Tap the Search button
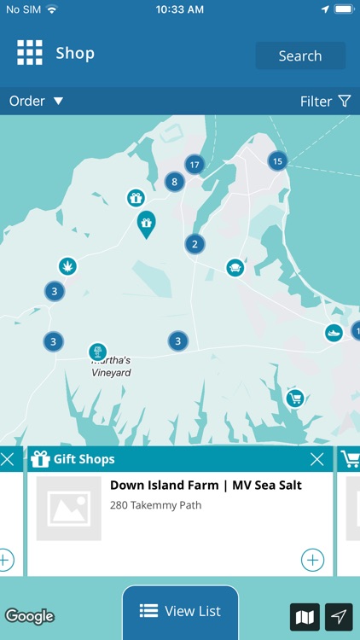click(x=300, y=56)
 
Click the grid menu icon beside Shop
click(x=30, y=53)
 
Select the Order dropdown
click(x=36, y=101)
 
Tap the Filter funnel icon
click(x=345, y=101)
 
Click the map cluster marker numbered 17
click(x=195, y=164)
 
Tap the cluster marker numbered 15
click(x=277, y=160)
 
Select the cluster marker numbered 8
click(x=175, y=181)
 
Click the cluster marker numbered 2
click(x=195, y=244)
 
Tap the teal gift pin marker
click(x=146, y=224)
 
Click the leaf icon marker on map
click(x=67, y=267)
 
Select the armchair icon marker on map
click(x=235, y=268)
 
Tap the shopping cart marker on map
click(x=295, y=398)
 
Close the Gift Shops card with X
click(x=316, y=460)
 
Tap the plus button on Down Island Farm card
click(x=312, y=560)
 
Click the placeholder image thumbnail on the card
click(x=68, y=509)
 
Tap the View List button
click(x=180, y=611)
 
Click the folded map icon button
click(x=305, y=616)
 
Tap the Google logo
click(x=30, y=615)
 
